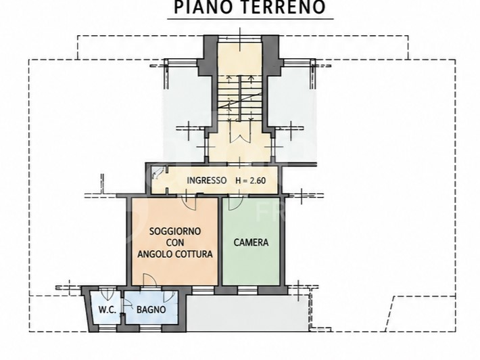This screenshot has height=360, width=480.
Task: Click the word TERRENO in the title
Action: click(281, 7)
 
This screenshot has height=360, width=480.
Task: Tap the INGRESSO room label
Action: click(207, 180)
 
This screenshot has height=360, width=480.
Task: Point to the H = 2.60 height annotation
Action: click(250, 181)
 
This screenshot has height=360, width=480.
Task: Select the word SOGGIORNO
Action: click(175, 231)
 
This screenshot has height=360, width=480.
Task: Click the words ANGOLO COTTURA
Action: click(175, 254)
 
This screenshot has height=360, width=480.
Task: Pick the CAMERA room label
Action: click(251, 242)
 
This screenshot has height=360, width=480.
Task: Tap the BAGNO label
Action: click(151, 309)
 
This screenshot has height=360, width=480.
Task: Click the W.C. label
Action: click(107, 310)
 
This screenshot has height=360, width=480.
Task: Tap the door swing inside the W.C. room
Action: click(107, 295)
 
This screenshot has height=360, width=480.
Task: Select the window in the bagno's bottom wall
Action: click(150, 328)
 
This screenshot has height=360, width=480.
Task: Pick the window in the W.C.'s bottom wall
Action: click(107, 328)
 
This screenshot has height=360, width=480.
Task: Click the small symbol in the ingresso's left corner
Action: click(158, 173)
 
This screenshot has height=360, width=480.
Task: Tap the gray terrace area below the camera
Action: click(248, 313)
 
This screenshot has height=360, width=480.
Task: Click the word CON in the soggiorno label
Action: click(175, 242)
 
